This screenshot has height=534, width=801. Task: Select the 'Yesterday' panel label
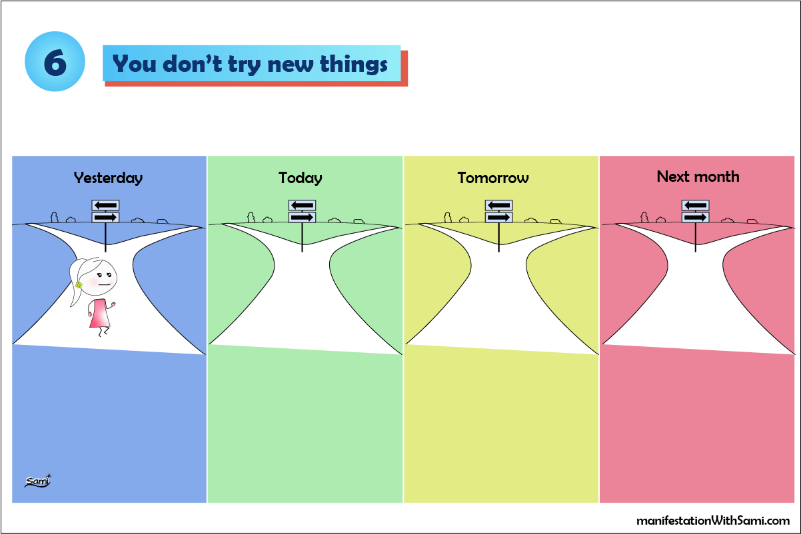point(108,178)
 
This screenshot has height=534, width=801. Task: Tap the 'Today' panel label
point(301,178)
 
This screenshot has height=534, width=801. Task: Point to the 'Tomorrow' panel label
point(493,178)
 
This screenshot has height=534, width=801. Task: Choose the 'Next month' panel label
point(698,176)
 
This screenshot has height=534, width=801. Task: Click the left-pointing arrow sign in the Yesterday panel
point(105,206)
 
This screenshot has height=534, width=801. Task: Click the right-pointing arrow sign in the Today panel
point(302,217)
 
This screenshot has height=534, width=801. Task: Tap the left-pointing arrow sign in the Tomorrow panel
point(498,206)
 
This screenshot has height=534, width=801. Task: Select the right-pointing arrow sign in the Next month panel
point(695,217)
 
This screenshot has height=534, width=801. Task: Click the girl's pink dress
point(99,313)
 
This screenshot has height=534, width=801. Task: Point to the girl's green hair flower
point(79,284)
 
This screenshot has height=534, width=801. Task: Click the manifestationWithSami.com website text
point(713,520)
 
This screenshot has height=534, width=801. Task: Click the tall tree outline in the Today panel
point(251,216)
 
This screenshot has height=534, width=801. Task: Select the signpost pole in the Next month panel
point(695,234)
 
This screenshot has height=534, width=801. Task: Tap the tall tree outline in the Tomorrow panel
point(448,216)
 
